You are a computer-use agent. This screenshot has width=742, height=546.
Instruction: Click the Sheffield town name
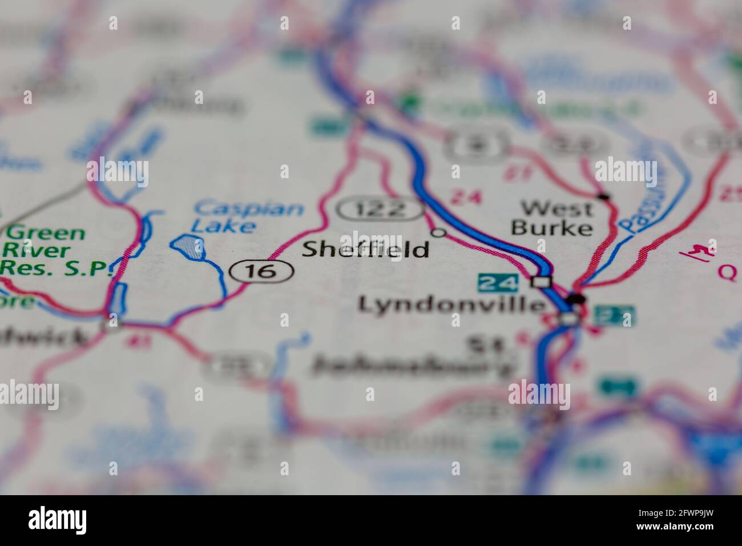(x=365, y=250)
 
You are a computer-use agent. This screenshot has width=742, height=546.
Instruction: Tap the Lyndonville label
(x=451, y=304)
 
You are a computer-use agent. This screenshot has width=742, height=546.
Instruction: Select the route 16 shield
(x=261, y=272)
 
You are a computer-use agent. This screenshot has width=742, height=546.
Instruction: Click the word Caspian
(x=248, y=207)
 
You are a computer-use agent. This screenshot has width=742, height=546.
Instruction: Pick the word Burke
(x=551, y=228)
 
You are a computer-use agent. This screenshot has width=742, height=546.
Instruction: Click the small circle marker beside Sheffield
(x=438, y=232)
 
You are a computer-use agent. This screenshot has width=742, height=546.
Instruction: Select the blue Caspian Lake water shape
(x=188, y=247)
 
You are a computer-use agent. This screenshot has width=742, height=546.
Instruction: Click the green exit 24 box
(x=498, y=282)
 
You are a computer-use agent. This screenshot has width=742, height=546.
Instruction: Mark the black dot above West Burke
(x=603, y=198)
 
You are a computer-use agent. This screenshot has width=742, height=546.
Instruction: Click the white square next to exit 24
(x=541, y=282)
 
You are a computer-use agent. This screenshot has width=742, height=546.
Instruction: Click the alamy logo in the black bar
(x=57, y=520)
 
